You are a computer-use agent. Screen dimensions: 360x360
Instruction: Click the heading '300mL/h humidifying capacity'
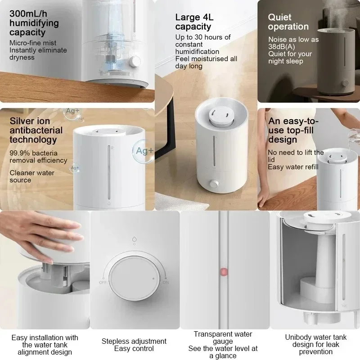[x=34, y=22]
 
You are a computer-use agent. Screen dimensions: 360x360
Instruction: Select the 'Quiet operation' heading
[x=288, y=22]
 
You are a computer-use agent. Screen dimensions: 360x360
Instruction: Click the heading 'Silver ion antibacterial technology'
[x=36, y=130]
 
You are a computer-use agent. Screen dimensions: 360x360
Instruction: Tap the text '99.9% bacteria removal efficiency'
[x=38, y=157]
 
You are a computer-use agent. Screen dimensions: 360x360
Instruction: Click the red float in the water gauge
[x=222, y=272]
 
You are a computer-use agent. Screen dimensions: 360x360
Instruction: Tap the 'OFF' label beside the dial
[x=103, y=282]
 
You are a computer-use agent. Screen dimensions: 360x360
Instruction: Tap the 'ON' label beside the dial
[x=165, y=282]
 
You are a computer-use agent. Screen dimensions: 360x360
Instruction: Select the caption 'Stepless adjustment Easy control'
[x=134, y=345]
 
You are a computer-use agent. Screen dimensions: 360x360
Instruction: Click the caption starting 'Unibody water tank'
[x=315, y=345]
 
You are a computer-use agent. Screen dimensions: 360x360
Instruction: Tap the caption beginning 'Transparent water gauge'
[x=223, y=345]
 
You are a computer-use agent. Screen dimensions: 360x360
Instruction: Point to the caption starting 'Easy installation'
[x=45, y=345]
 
